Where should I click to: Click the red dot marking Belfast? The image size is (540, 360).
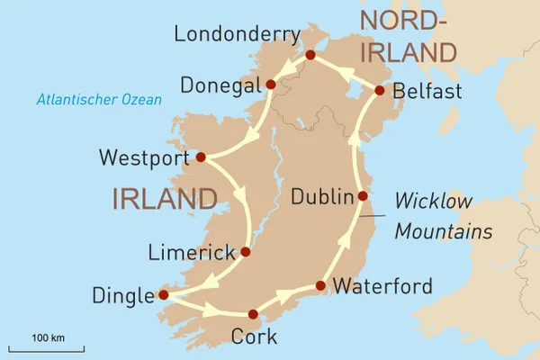(379, 90)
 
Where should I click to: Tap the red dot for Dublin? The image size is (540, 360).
(363, 196)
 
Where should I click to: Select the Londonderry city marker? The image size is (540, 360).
(310, 56)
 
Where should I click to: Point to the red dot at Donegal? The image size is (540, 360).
(271, 85)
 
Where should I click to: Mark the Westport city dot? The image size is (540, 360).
(201, 157)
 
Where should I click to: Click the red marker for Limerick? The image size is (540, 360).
(246, 252)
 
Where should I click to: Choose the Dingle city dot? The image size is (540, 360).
(163, 294)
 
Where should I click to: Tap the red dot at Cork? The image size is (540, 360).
(254, 315)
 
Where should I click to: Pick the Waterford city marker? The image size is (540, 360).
(320, 287)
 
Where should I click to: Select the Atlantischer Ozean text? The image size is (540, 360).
(98, 100)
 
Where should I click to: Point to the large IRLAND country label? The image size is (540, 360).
(165, 199)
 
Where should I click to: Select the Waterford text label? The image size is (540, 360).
(382, 287)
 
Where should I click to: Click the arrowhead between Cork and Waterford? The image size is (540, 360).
(286, 297)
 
